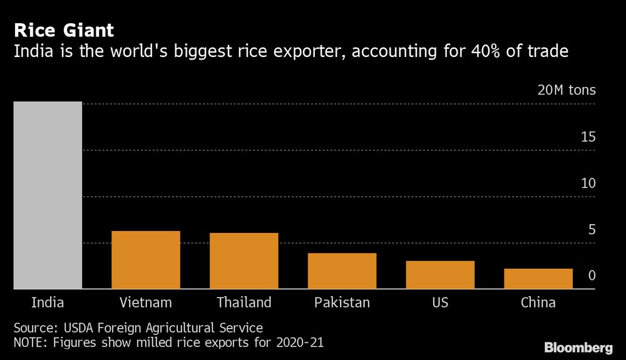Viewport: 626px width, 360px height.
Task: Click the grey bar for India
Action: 48,195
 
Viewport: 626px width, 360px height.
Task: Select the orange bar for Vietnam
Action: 146,260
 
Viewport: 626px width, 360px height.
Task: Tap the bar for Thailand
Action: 244,260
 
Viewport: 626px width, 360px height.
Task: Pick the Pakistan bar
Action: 342,270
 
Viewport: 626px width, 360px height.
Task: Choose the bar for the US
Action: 440,274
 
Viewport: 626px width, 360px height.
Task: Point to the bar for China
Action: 538,279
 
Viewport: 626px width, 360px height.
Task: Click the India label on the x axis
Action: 48,302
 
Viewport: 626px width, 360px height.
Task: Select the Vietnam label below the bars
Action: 146,302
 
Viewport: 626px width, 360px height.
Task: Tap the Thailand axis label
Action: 244,302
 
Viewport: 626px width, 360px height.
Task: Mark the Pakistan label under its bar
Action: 342,302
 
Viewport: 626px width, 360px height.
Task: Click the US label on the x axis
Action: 440,302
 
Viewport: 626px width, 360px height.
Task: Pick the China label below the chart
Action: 538,302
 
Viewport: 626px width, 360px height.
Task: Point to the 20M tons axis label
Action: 567,90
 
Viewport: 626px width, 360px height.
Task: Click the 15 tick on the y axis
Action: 588,137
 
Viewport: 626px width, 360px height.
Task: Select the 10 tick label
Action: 588,183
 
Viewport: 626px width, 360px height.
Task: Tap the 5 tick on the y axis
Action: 592,230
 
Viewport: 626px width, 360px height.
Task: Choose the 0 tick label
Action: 592,276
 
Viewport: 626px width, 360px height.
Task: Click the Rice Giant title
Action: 64,30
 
